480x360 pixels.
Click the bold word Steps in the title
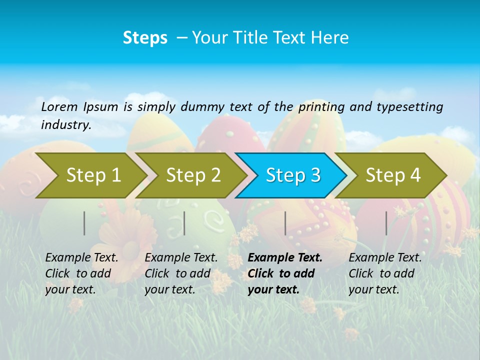(x=145, y=38)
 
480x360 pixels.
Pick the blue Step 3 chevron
(x=293, y=175)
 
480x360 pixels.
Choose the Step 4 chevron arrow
(x=393, y=175)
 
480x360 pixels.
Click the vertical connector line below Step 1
(x=84, y=223)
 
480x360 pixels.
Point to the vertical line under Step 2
(x=184, y=223)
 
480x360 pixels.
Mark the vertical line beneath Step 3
(x=285, y=223)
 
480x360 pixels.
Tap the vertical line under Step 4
(x=386, y=223)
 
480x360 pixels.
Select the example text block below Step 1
(x=81, y=273)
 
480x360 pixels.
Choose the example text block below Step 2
(x=181, y=273)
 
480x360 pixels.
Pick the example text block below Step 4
(x=385, y=273)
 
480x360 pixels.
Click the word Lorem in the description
(x=59, y=106)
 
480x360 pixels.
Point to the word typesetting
(x=409, y=106)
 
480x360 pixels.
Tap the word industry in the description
(x=65, y=124)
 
